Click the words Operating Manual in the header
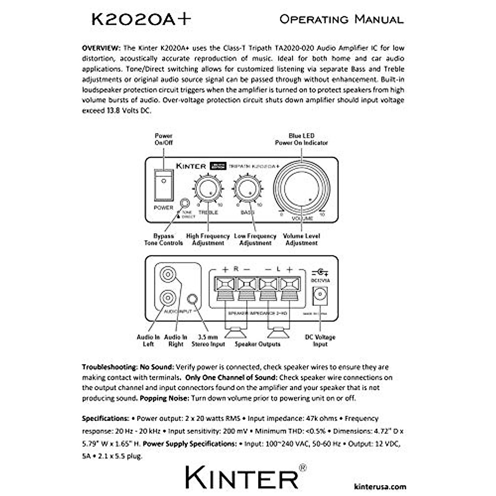341,19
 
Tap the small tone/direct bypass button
185,204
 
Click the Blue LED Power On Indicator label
301,139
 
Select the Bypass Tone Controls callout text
164,240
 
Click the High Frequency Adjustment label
208,240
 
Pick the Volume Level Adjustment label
301,240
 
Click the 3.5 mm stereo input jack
193,299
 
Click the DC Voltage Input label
320,341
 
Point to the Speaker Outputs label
258,344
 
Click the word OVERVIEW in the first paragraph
101,48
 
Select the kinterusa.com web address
380,487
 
